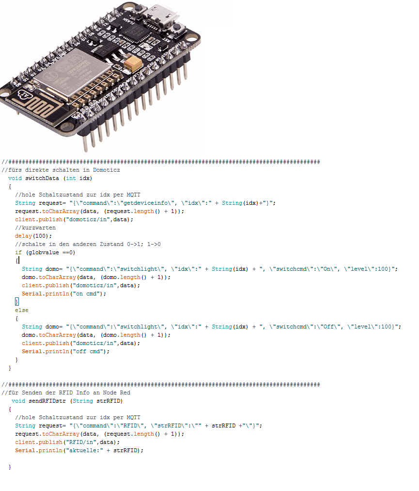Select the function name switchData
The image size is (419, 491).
pyautogui.click(x=42, y=178)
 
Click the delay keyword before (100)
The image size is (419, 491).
pyautogui.click(x=23, y=236)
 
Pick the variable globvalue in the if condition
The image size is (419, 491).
pyautogui.click(x=44, y=252)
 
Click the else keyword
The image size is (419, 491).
pyautogui.click(x=22, y=310)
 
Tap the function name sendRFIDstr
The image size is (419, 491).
pyautogui.click(x=47, y=401)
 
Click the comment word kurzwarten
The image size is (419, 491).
pyautogui.click(x=39, y=228)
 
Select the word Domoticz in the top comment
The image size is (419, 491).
pyautogui.click(x=106, y=170)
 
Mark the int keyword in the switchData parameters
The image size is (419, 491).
pyautogui.click(x=71, y=178)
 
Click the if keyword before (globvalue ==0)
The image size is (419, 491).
pyautogui.click(x=18, y=252)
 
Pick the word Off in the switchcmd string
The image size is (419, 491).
pyautogui.click(x=328, y=327)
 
